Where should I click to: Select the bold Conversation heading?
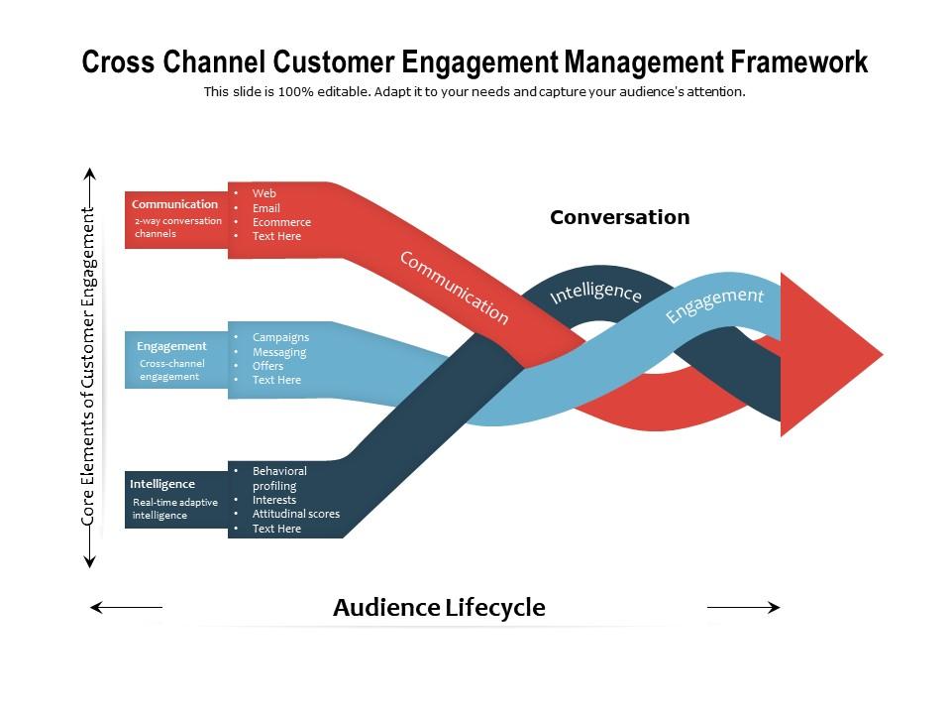click(x=619, y=217)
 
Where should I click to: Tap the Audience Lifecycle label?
click(x=439, y=607)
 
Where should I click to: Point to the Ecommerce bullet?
click(x=281, y=222)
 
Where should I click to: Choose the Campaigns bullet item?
click(x=280, y=337)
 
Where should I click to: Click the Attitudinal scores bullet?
click(x=295, y=514)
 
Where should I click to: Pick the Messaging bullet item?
click(x=279, y=352)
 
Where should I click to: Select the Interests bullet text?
click(x=274, y=500)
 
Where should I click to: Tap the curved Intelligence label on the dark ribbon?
click(x=595, y=293)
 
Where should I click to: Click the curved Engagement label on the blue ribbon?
click(x=714, y=304)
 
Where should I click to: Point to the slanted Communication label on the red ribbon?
click(x=454, y=288)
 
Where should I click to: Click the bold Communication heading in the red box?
click(x=174, y=204)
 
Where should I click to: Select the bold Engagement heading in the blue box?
click(x=171, y=346)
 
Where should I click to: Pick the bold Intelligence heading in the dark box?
click(x=162, y=484)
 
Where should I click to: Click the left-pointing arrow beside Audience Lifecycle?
click(x=126, y=607)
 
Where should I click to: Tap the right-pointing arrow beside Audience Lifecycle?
click(x=743, y=607)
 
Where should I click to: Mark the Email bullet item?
click(x=266, y=208)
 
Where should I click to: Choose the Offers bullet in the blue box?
click(x=267, y=366)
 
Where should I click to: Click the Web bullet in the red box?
click(x=264, y=193)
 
